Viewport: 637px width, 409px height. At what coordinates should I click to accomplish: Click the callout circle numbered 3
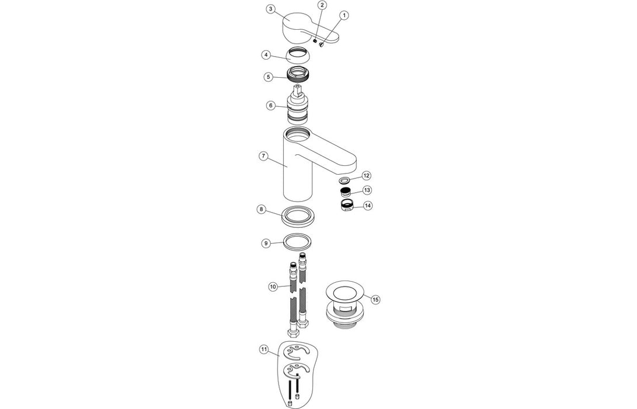pyautogui.click(x=270, y=9)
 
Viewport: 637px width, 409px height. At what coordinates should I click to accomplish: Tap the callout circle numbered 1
pyautogui.click(x=344, y=15)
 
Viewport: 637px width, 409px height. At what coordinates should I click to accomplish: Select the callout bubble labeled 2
pyautogui.click(x=322, y=5)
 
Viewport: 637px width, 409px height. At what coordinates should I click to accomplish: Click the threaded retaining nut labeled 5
pyautogui.click(x=300, y=75)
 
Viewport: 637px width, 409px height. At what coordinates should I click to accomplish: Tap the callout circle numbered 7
pyautogui.click(x=263, y=157)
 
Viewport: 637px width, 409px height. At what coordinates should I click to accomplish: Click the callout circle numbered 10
pyautogui.click(x=273, y=286)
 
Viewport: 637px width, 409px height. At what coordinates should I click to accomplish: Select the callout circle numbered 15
pyautogui.click(x=375, y=299)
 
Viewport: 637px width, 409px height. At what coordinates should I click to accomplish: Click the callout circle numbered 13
pyautogui.click(x=367, y=190)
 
